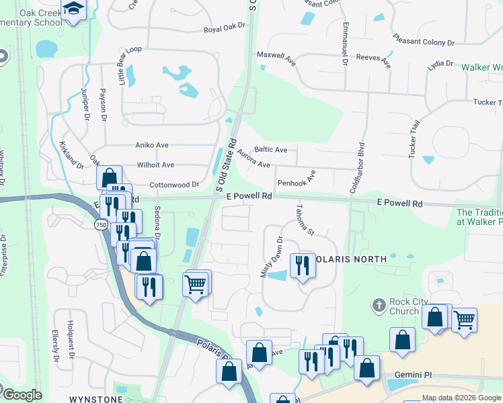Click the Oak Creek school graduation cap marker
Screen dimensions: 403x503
pos(72,9)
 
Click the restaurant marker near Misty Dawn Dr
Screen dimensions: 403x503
pos(302,265)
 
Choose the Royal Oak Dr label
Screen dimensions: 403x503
pos(224,30)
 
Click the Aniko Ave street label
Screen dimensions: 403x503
pos(152,145)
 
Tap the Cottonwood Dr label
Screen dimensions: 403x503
pos(174,184)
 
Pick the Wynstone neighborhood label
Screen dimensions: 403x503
pos(91,398)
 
